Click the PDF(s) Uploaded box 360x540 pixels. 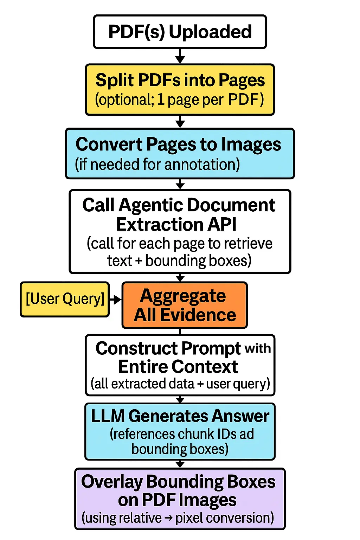[180, 32]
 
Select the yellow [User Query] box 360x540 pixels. [65, 299]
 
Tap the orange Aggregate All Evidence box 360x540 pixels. [185, 305]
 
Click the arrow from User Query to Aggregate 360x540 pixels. [116, 300]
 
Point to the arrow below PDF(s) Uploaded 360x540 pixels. [180, 56]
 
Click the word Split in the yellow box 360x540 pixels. [115, 80]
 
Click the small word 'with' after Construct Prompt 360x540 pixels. [258, 348]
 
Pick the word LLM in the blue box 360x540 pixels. [108, 416]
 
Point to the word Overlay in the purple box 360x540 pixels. [112, 482]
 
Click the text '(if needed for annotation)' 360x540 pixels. [157, 164]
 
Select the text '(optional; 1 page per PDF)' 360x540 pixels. [179, 100]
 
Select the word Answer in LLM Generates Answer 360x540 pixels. [240, 416]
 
